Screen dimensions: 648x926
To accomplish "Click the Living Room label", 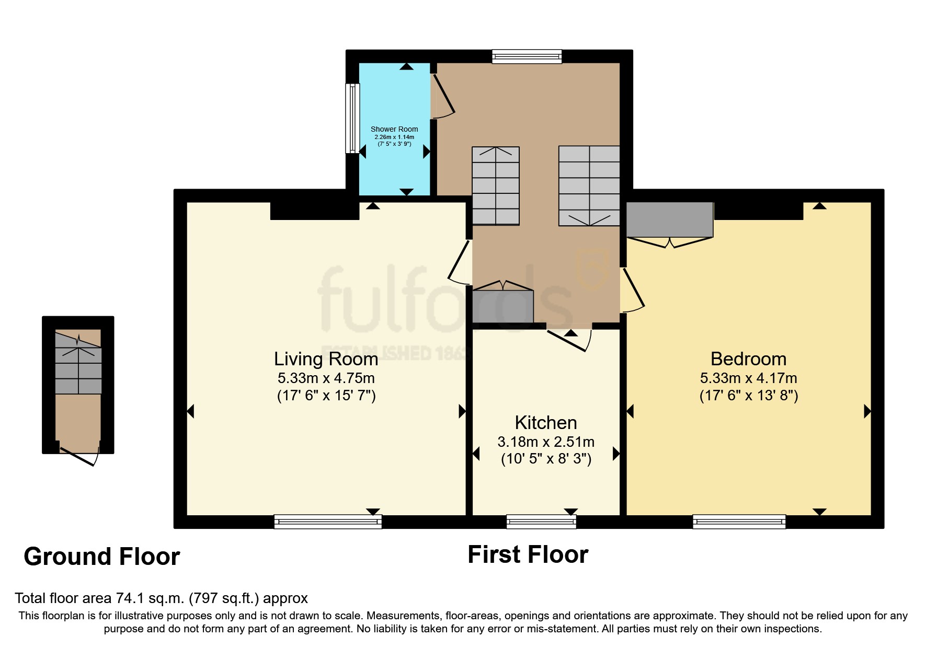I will click(326, 359).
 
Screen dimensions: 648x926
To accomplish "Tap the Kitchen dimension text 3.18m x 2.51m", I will click(546, 442).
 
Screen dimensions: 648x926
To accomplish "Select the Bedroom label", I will click(748, 359).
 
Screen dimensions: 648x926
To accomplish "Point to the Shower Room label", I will click(394, 129).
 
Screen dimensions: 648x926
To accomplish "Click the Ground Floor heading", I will click(102, 557).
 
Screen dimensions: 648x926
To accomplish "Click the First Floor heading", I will click(528, 554).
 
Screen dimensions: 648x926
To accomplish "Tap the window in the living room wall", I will click(328, 522).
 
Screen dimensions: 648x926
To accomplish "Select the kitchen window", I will click(541, 522).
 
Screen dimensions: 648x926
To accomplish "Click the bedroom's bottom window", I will click(739, 522).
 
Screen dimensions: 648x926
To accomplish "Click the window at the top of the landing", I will click(527, 56).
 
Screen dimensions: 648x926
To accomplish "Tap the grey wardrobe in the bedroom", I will click(669, 219).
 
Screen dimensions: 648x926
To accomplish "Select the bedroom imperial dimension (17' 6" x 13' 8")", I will click(748, 396).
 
